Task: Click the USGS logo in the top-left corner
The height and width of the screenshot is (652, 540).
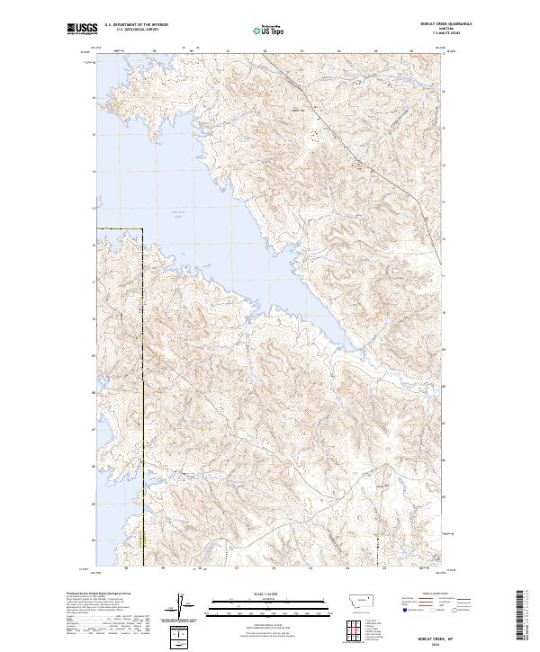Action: tap(82, 29)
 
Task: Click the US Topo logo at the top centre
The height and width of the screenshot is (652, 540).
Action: tap(270, 30)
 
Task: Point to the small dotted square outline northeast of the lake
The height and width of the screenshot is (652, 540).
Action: tap(314, 137)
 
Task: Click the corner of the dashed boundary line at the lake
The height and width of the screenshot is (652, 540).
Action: tap(143, 228)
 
